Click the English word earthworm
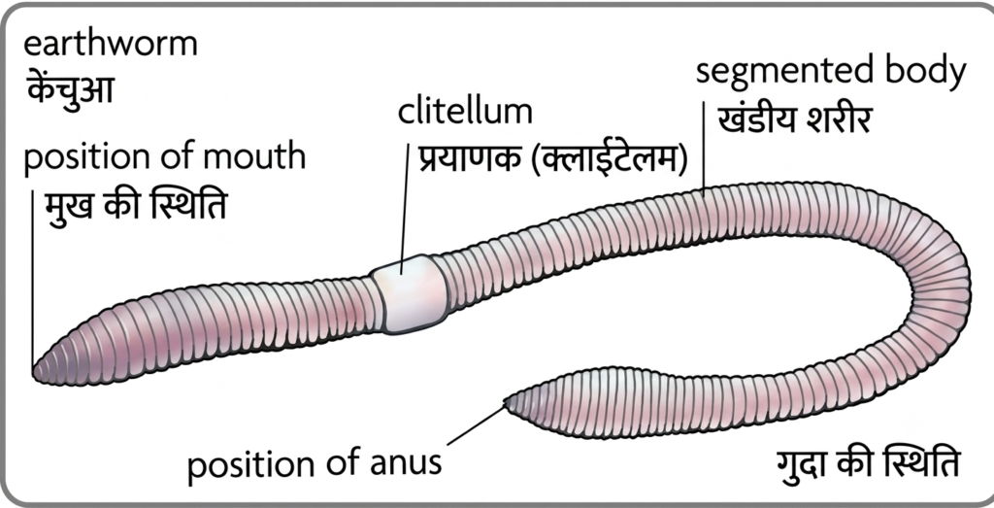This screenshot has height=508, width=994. [111, 45]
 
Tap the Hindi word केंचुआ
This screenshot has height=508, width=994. [70, 89]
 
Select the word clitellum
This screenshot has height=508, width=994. [465, 111]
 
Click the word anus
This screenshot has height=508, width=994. [407, 462]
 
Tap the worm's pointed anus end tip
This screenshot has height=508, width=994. [507, 401]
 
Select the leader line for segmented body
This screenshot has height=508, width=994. [704, 147]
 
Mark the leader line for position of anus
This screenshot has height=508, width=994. [477, 424]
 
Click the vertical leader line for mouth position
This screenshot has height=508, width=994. [32, 278]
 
